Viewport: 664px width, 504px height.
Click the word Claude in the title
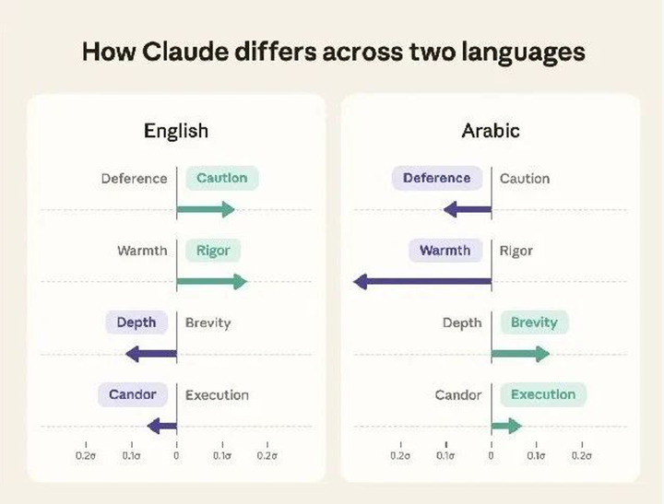tap(185, 52)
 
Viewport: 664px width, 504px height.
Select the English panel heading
tap(176, 131)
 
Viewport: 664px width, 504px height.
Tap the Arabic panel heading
tap(491, 130)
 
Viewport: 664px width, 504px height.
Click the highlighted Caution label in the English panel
tap(222, 178)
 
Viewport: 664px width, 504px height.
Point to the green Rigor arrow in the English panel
tap(212, 281)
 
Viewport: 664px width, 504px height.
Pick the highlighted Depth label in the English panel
tap(136, 322)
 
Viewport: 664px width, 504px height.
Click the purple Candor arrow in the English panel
tap(161, 426)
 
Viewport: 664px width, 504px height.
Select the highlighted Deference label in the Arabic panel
tap(437, 178)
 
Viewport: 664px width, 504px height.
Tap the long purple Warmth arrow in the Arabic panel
tap(422, 281)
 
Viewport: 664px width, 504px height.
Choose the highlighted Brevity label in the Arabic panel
tap(534, 322)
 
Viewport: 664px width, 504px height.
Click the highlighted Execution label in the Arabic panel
tap(543, 395)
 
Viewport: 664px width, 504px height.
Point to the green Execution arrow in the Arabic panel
tap(506, 426)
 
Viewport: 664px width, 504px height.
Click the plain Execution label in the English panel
tap(217, 395)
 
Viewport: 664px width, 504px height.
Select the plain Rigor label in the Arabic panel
tap(516, 251)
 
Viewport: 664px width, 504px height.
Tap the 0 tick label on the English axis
tap(176, 455)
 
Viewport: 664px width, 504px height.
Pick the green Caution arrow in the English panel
tap(206, 209)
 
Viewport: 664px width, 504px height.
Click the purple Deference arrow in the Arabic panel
tap(467, 209)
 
